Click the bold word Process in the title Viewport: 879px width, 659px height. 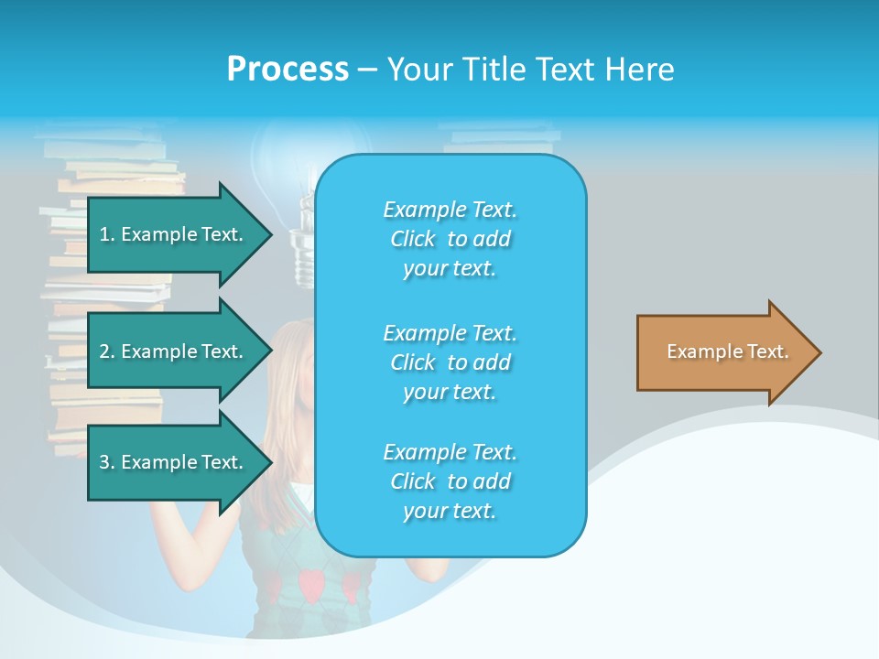288,70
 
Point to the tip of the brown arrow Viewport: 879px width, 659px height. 819,352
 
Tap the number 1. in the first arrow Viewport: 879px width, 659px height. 106,234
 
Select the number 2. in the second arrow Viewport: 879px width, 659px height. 106,351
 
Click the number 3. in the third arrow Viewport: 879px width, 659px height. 106,462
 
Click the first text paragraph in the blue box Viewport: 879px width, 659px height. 450,239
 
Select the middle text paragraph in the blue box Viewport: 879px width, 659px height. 450,362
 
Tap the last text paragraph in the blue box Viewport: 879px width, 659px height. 450,481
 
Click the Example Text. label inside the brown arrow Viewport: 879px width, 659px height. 727,351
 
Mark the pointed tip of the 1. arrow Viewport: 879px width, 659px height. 270,234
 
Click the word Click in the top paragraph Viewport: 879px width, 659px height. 413,239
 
